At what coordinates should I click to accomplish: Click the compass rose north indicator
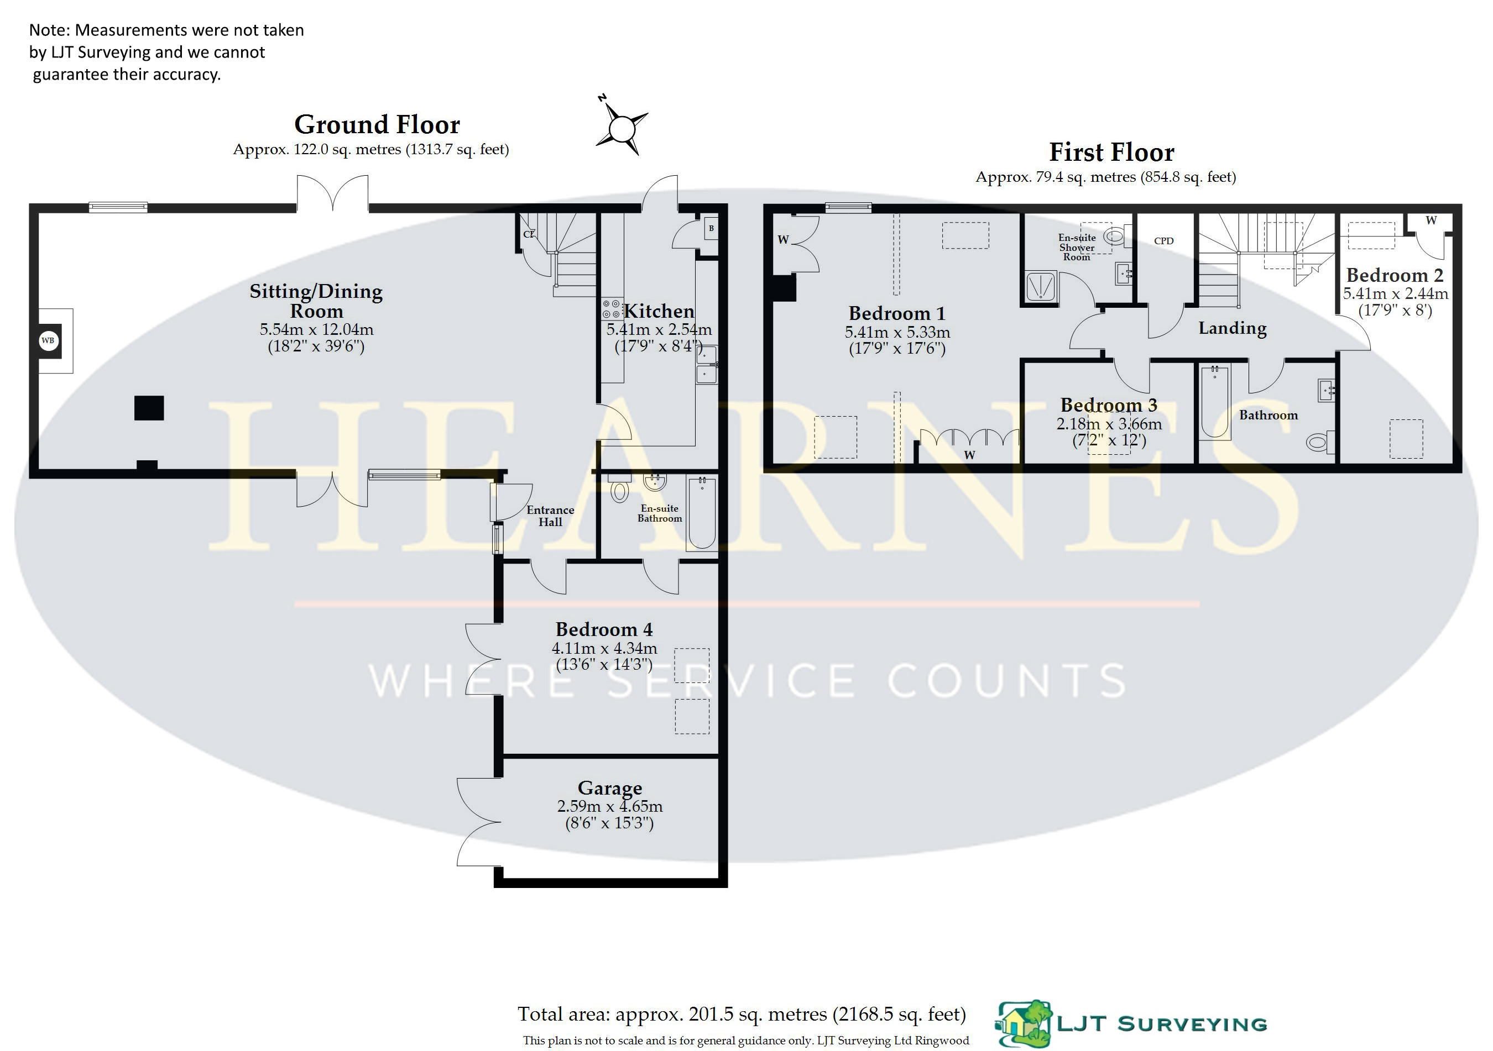pos(622,126)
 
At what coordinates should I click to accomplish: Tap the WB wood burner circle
pos(48,340)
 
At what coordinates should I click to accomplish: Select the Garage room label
pos(610,788)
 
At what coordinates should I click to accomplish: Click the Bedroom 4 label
pos(604,629)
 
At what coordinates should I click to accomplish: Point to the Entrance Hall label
pos(550,516)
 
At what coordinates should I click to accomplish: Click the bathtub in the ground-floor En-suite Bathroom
pos(702,513)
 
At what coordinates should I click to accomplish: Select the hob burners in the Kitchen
pos(611,309)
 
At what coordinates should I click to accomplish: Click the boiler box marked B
pos(711,228)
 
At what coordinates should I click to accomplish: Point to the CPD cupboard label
pos(1164,241)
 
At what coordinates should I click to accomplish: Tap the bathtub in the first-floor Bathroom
pos(1215,402)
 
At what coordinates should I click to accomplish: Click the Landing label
pos(1232,328)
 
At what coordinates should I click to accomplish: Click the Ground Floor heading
pos(377,124)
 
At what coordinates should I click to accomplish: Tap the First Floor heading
pos(1112,152)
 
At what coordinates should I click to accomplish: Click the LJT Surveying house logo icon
pos(1024,1024)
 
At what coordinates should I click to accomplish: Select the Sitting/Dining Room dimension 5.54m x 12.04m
pos(317,329)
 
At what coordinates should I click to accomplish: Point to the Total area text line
pos(742,1014)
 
